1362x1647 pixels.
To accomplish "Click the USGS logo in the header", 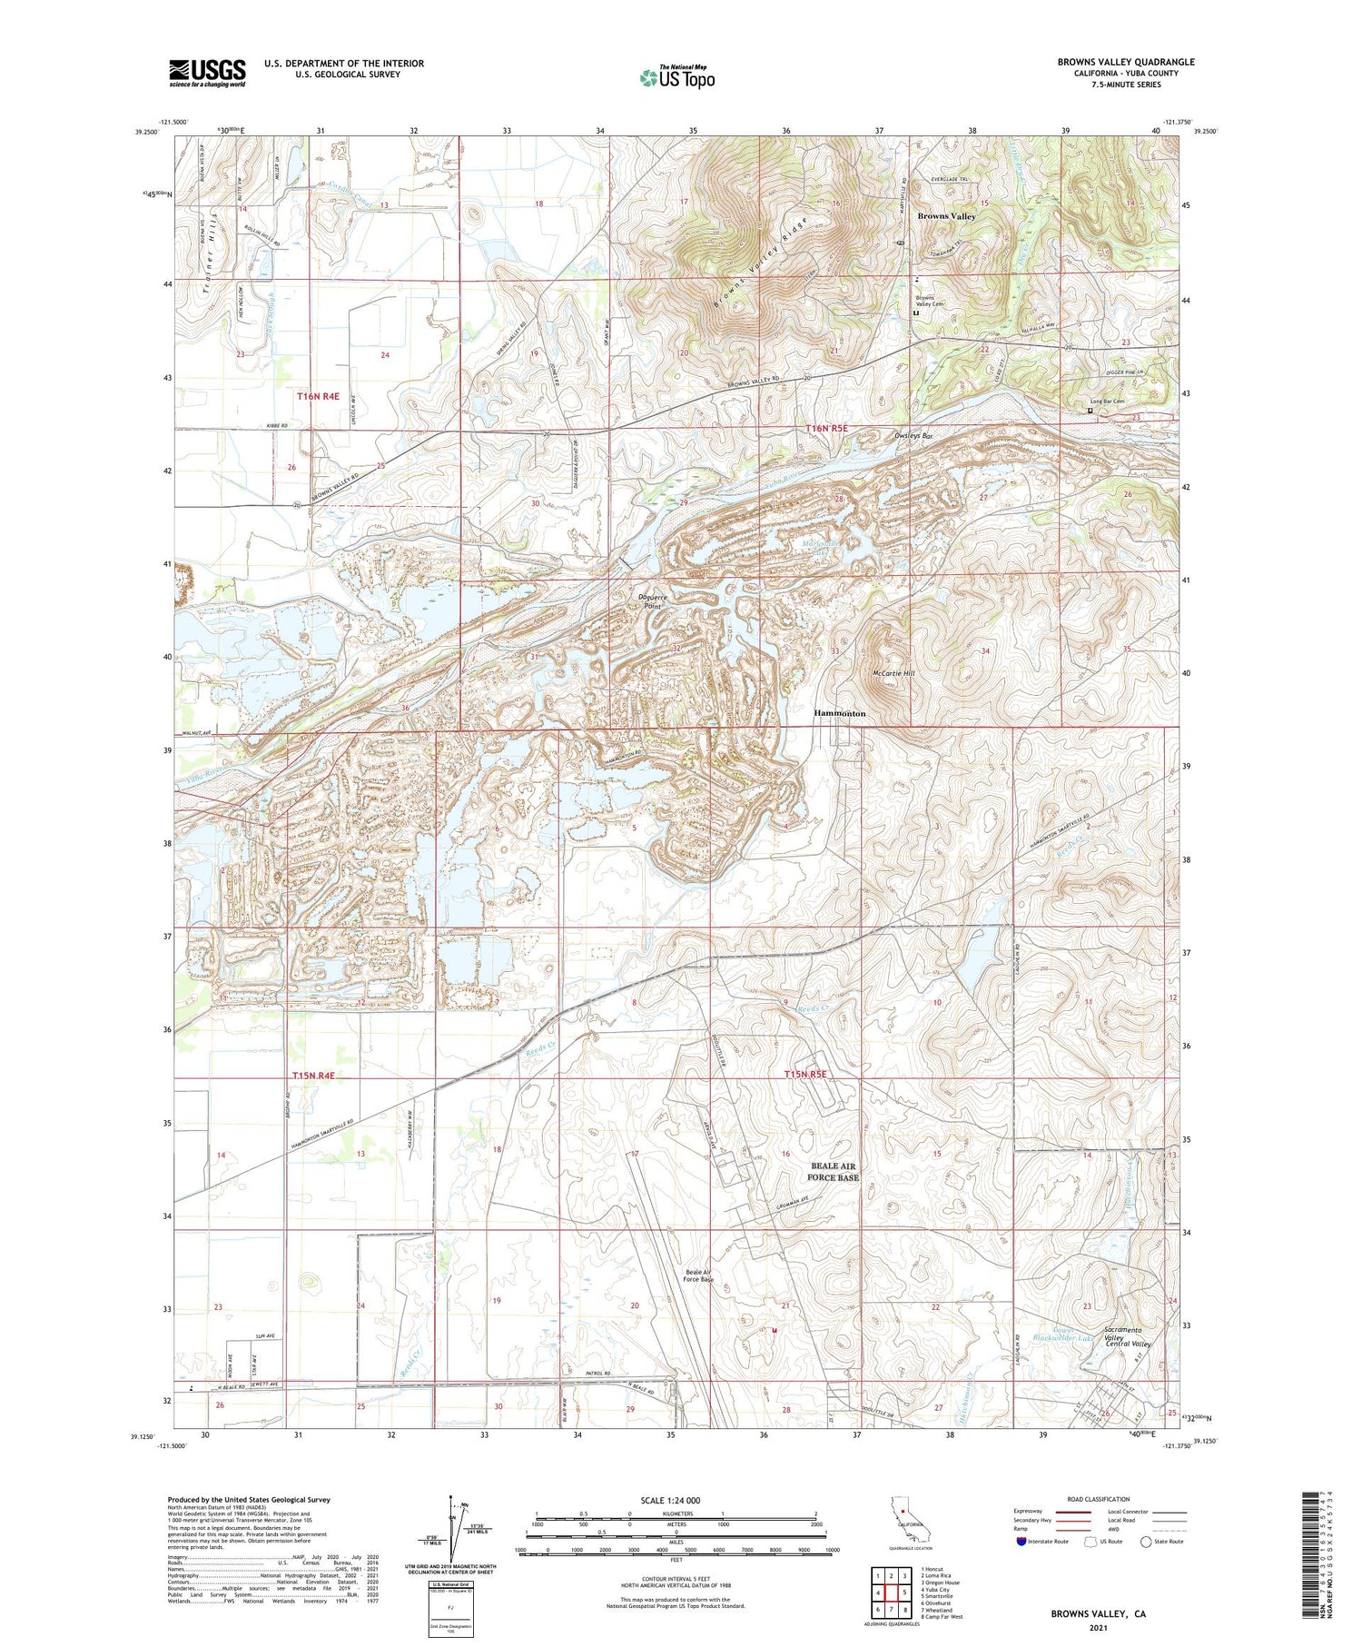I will (x=207, y=73).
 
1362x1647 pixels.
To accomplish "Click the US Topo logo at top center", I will (x=677, y=78).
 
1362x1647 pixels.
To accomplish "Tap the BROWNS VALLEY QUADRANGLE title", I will (x=1125, y=62).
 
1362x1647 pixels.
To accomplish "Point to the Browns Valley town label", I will (x=946, y=216).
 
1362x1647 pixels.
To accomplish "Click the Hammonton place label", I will (x=839, y=714).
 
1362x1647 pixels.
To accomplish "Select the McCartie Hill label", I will (x=893, y=673).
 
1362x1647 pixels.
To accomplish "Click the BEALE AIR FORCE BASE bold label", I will (x=833, y=1171).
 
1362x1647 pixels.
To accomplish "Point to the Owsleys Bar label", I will (x=913, y=436).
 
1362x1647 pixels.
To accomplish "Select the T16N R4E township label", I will (x=318, y=396).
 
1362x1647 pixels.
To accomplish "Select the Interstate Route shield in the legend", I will (x=1021, y=1541).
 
